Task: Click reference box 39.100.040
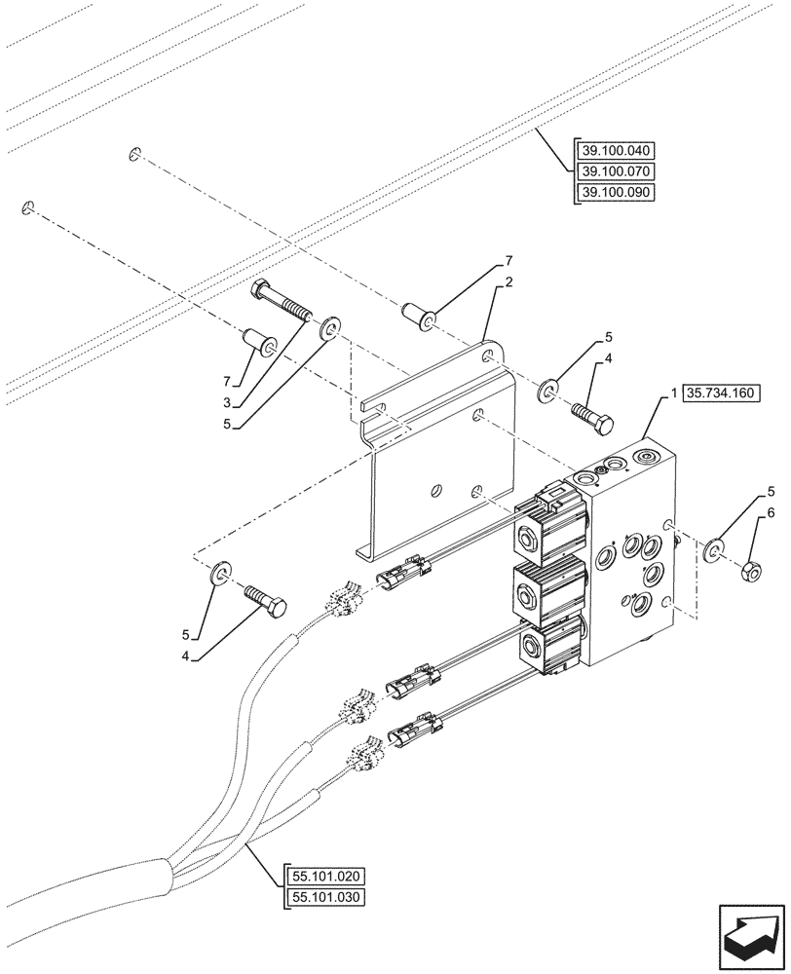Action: pyautogui.click(x=618, y=151)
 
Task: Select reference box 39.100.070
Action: pyautogui.click(x=618, y=171)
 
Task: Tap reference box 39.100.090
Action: pyautogui.click(x=618, y=192)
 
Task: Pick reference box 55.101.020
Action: pyautogui.click(x=324, y=876)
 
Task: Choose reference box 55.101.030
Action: pyautogui.click(x=324, y=896)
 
